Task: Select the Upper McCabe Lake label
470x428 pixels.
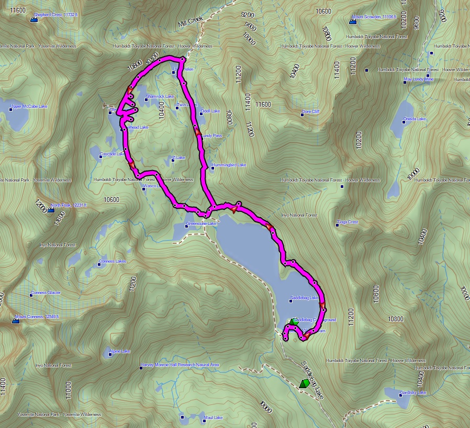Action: (x=29, y=107)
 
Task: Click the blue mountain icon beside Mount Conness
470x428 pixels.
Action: (x=15, y=321)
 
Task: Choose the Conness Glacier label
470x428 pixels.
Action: (x=46, y=292)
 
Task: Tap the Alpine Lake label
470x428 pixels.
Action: (x=120, y=351)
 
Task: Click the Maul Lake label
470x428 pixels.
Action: (x=214, y=418)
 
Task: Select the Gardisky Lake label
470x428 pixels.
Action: (x=413, y=392)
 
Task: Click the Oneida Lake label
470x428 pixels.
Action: (x=415, y=119)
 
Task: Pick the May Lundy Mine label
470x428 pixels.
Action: (x=419, y=80)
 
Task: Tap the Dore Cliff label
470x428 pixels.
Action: (x=311, y=112)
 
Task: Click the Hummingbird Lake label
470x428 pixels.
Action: (x=229, y=165)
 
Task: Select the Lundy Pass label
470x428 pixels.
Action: (x=212, y=136)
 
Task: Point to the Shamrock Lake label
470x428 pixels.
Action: (x=160, y=96)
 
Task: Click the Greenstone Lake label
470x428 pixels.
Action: (x=202, y=224)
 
